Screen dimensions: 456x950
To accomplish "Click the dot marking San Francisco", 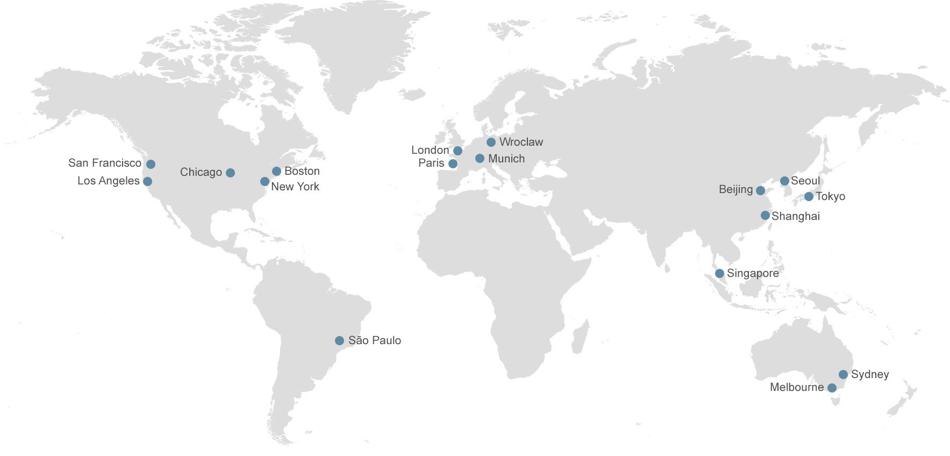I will coord(151,164).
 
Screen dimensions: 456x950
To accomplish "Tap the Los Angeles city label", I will coord(108,181).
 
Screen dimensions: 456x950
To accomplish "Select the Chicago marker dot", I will coord(230,173).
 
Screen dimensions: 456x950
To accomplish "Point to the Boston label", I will coord(302,171).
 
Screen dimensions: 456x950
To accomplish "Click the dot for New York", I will coord(265,182).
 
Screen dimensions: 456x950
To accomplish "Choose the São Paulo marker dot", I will coord(339,340).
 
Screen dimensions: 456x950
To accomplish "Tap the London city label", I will coord(430,150).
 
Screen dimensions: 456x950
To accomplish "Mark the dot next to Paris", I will coord(453,163).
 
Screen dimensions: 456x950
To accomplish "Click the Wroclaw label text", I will coord(521,142).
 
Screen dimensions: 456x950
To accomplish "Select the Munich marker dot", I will coord(480,159).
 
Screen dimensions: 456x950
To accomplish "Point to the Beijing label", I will coord(735,189).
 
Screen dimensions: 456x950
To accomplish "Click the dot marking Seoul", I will coord(784,181).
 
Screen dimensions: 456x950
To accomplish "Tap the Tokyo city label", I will coord(830,196).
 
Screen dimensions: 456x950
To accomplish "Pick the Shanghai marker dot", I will coord(765,216).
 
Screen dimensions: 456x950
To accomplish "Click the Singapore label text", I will coord(752,273).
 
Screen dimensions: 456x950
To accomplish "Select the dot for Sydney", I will coord(843,374).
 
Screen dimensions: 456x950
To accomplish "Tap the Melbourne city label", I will coord(796,387).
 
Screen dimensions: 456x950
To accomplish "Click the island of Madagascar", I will coord(581,336).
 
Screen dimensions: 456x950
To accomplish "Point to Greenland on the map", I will coord(349,54).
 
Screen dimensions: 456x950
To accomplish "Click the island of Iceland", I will coord(412,95).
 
